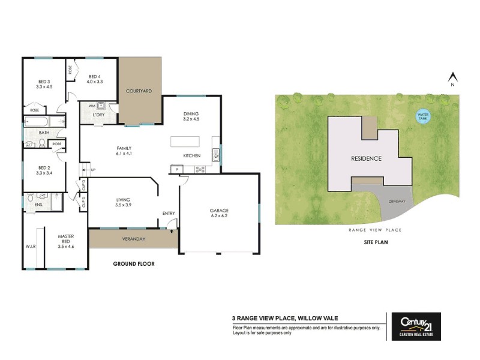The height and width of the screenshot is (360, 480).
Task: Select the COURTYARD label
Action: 138,91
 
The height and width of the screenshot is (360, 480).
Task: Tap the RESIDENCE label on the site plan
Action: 366,159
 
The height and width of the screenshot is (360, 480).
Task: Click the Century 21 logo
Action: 416,326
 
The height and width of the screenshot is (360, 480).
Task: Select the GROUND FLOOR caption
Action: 134,263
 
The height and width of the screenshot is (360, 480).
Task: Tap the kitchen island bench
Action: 188,142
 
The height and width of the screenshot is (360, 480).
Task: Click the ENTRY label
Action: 169,213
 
